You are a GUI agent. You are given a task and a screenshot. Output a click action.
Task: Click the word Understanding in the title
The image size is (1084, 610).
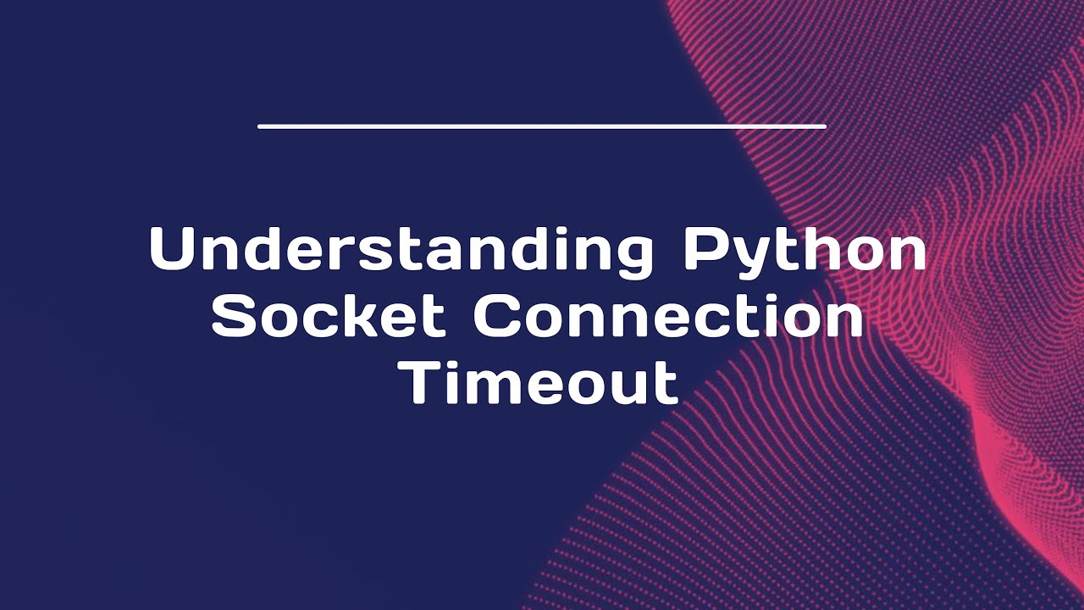click(x=401, y=250)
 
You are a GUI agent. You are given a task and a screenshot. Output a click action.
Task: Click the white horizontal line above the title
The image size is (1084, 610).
click(x=542, y=126)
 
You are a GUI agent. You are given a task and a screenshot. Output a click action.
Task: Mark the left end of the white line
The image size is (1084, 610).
click(x=260, y=126)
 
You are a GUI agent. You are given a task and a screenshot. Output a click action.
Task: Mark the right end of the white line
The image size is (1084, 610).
click(x=824, y=126)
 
